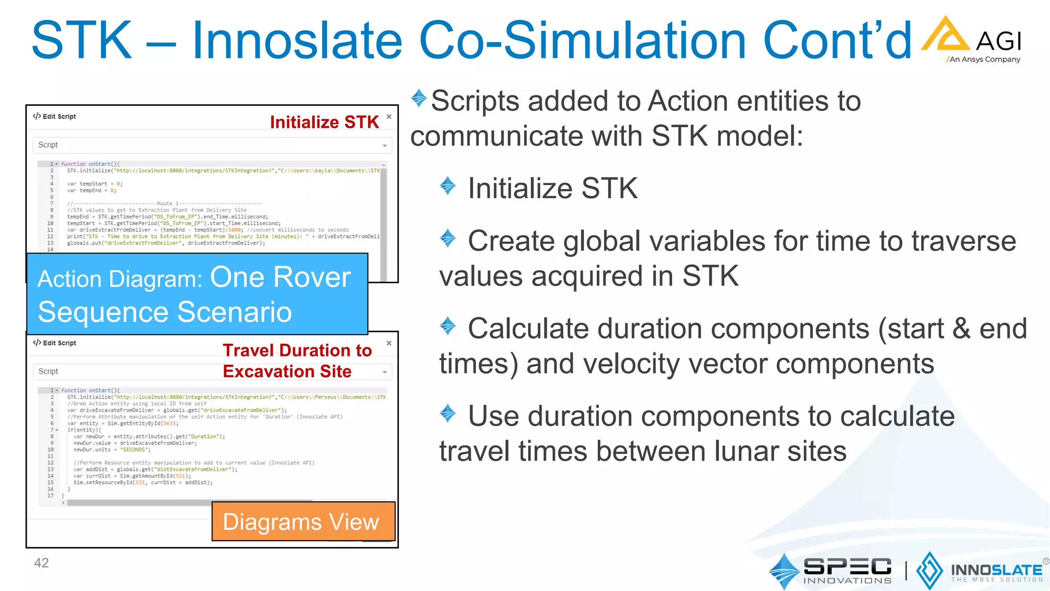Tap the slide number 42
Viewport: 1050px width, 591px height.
(41, 563)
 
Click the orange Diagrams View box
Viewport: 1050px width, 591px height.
(303, 522)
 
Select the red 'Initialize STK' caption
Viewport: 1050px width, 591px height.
(324, 122)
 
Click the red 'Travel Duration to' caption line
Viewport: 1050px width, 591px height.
(297, 350)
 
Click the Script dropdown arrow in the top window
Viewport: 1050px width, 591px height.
(385, 146)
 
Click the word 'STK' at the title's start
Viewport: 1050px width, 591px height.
(82, 40)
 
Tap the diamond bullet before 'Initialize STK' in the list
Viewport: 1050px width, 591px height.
(448, 186)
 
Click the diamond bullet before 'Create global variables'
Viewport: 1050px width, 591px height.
(448, 238)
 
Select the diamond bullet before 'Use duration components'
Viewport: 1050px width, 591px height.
(448, 413)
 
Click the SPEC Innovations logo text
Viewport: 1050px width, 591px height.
(847, 570)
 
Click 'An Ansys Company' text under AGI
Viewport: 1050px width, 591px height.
(984, 60)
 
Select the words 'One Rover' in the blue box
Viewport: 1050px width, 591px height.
(280, 277)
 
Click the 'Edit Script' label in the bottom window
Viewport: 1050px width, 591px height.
(59, 343)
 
